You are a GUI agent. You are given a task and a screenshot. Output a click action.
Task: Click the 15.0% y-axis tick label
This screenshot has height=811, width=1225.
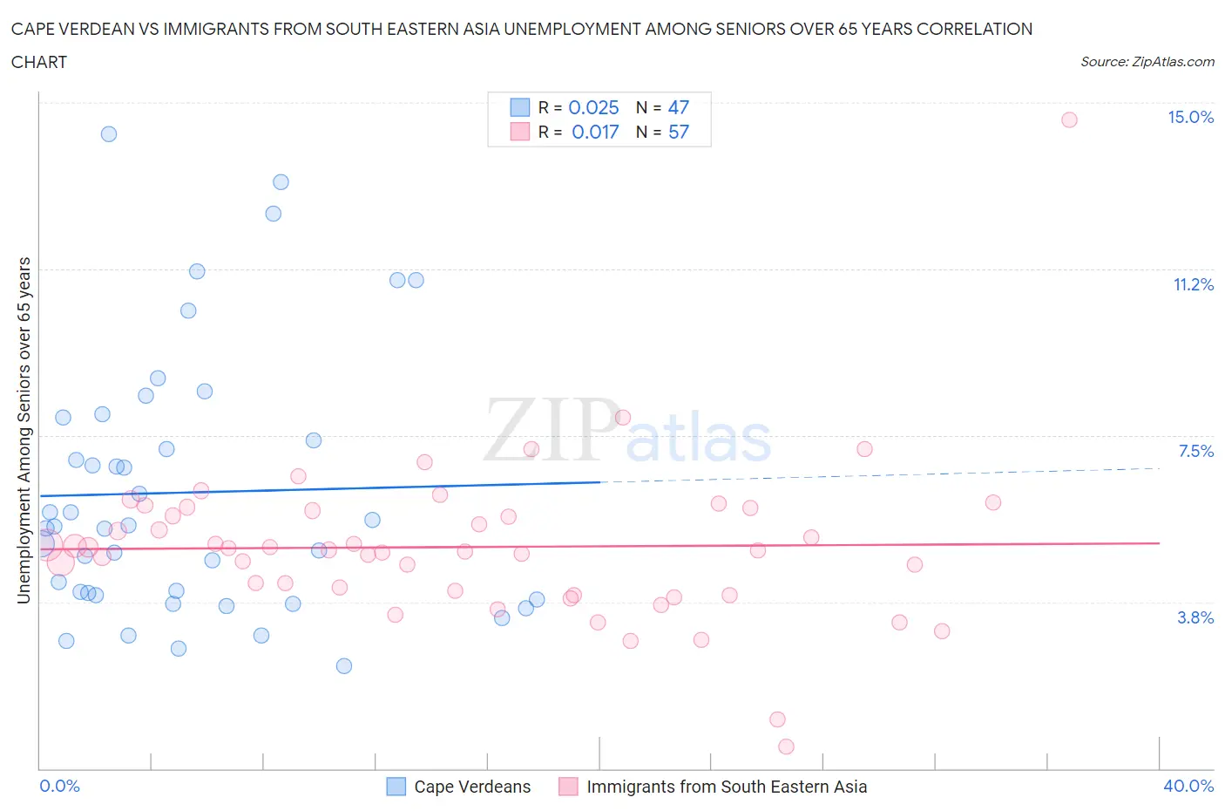[x=1190, y=118]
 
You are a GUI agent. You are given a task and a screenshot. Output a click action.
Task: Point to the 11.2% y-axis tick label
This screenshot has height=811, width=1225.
[x=1193, y=285]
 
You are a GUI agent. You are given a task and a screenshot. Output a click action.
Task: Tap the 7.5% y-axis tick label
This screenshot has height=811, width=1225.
[x=1195, y=451]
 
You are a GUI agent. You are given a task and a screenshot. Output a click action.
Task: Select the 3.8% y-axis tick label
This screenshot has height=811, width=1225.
[x=1195, y=617]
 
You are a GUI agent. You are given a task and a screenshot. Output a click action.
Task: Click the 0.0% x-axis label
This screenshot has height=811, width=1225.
[x=59, y=786]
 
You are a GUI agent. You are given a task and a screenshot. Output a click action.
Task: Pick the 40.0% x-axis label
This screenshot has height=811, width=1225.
[x=1188, y=786]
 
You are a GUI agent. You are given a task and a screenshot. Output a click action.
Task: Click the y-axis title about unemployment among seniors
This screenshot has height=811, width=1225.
[x=24, y=431]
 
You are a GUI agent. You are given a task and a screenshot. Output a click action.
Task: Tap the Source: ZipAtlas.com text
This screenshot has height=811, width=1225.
[x=1147, y=62]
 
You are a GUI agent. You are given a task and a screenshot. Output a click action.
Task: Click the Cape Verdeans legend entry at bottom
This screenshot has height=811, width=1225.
[x=459, y=787]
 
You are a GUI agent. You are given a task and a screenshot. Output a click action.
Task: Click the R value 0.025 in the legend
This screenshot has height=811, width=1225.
[x=593, y=107]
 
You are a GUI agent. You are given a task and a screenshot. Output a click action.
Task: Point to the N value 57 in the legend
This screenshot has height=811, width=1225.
[x=678, y=132]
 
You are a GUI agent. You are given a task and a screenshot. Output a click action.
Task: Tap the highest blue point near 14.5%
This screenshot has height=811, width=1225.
[x=109, y=133]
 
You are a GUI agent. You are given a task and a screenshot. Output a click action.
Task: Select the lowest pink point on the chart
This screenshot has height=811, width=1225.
[x=786, y=746]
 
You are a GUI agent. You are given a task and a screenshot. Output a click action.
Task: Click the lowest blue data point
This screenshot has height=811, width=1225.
[x=344, y=666]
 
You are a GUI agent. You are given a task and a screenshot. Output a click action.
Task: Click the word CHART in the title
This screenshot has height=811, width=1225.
[x=39, y=62]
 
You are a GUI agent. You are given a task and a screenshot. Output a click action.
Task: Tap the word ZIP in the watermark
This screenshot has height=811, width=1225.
[x=549, y=431]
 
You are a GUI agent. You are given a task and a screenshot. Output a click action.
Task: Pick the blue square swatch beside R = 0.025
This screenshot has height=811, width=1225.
[x=519, y=107]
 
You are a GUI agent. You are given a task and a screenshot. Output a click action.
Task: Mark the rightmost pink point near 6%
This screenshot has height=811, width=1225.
[x=992, y=502]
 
